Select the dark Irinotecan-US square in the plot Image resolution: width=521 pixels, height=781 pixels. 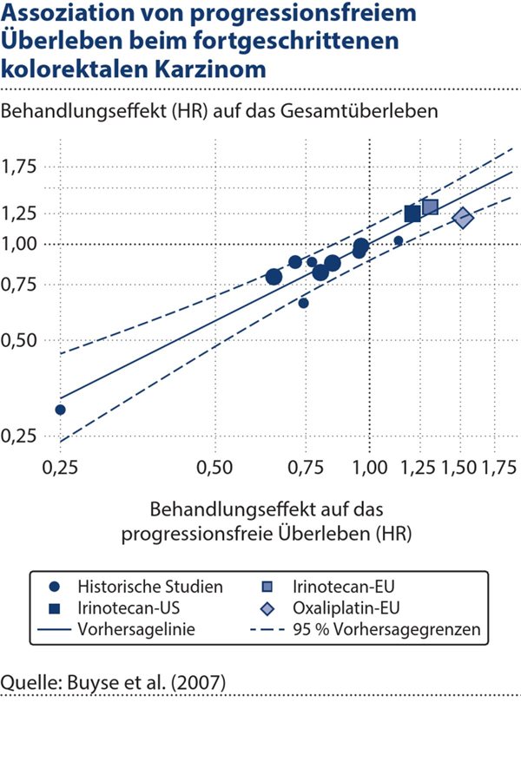click(412, 213)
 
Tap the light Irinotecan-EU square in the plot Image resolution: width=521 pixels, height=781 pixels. click(430, 207)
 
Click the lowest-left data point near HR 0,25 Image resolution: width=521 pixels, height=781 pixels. click(60, 410)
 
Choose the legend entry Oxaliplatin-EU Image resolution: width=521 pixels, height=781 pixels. click(348, 607)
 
